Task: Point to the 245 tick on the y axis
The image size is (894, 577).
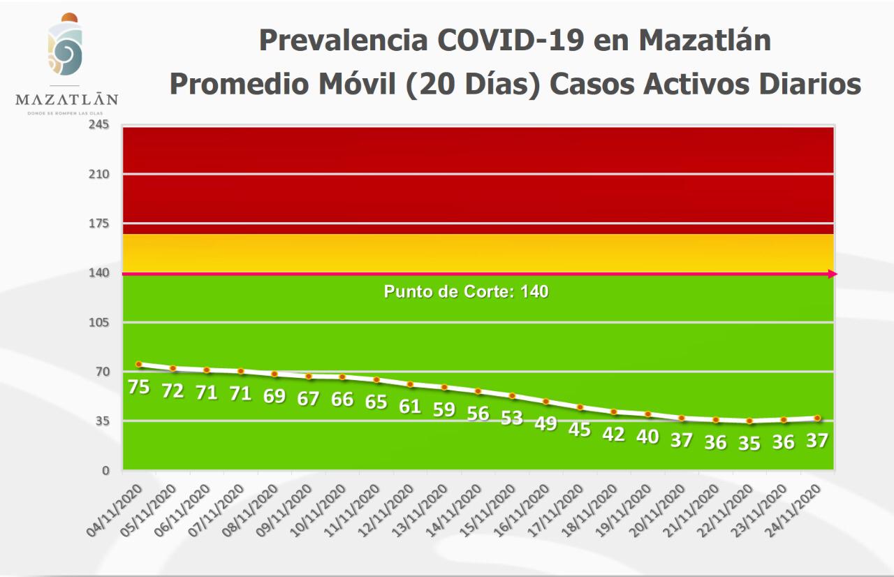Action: click(x=98, y=124)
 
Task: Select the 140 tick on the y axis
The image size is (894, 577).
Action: click(x=98, y=272)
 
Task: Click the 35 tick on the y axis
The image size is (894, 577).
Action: click(x=101, y=421)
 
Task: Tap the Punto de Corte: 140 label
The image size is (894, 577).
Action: click(x=466, y=292)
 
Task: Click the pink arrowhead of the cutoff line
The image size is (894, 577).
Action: click(x=832, y=274)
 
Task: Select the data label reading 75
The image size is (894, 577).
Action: click(x=139, y=386)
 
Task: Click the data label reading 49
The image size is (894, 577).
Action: click(x=545, y=423)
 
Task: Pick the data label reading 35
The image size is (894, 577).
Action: click(x=749, y=444)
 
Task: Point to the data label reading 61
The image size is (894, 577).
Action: click(x=410, y=407)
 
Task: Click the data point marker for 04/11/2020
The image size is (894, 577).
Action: click(x=139, y=364)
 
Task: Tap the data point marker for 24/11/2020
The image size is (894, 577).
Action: click(x=816, y=418)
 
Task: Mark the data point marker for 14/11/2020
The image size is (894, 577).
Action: click(x=478, y=391)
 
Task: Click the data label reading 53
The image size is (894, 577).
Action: click(x=512, y=418)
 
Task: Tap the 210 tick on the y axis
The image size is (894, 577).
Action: click(x=98, y=174)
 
